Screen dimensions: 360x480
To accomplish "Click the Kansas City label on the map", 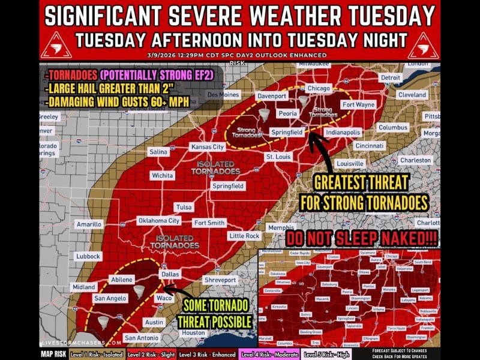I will point(207,147).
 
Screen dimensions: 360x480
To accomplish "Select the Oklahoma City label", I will point(159,221).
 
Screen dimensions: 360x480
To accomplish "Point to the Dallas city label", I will point(170,274).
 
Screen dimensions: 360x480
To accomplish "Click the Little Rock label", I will point(244,236).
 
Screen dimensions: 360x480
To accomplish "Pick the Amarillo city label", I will point(89,224).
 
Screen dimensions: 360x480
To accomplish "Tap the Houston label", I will point(194,332).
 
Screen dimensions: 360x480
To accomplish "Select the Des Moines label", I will point(223,95).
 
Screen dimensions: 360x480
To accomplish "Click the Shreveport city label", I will point(220,280).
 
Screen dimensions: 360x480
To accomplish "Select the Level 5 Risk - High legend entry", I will point(326,355).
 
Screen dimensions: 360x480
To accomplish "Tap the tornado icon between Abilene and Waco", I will point(139,292).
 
